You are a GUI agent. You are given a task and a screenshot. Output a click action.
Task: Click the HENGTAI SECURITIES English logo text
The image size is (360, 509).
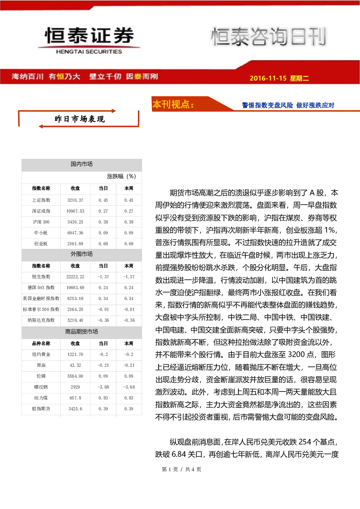[x=89, y=52]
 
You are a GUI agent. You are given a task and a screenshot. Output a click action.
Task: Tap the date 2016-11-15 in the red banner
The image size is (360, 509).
[x=268, y=78]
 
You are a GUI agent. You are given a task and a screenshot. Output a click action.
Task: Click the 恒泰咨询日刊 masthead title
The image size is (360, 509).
[x=269, y=36]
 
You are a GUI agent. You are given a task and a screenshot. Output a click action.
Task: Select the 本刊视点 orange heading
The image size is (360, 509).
[x=173, y=104]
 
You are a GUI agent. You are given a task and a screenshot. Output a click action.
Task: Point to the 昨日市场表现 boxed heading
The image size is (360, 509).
[x=79, y=119]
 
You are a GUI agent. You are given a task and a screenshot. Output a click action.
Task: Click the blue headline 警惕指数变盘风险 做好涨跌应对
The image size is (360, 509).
[x=288, y=105]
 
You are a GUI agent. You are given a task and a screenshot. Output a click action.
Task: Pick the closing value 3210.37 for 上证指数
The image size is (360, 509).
[x=75, y=200]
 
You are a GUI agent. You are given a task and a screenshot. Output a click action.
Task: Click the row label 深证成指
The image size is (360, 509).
[x=41, y=211]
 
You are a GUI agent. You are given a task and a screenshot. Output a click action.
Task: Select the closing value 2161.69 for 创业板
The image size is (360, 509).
[x=75, y=243]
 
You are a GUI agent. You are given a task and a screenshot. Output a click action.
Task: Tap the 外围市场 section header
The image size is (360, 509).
[x=82, y=254]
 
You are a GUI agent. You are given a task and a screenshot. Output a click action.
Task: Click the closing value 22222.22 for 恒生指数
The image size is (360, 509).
[x=75, y=276]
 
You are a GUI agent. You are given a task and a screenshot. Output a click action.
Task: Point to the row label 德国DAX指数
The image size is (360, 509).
[x=41, y=287]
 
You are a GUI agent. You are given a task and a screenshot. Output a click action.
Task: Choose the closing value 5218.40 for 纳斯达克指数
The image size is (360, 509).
[x=75, y=320]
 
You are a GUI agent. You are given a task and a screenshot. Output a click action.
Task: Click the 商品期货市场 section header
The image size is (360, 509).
[x=82, y=332]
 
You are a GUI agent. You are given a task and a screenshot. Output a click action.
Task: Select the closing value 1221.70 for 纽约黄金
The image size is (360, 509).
[x=75, y=354]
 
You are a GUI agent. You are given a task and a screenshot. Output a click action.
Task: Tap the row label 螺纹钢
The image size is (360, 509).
[x=41, y=387]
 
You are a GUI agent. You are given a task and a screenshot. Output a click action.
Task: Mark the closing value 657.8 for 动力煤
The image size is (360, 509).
[x=75, y=398]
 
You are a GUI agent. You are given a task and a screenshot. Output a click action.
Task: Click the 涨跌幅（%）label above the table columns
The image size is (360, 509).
[x=121, y=176]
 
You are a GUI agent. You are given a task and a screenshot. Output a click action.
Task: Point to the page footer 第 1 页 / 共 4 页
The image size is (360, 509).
[x=181, y=469]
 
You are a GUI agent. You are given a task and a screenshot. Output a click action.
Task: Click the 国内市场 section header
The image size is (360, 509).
[x=82, y=164]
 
